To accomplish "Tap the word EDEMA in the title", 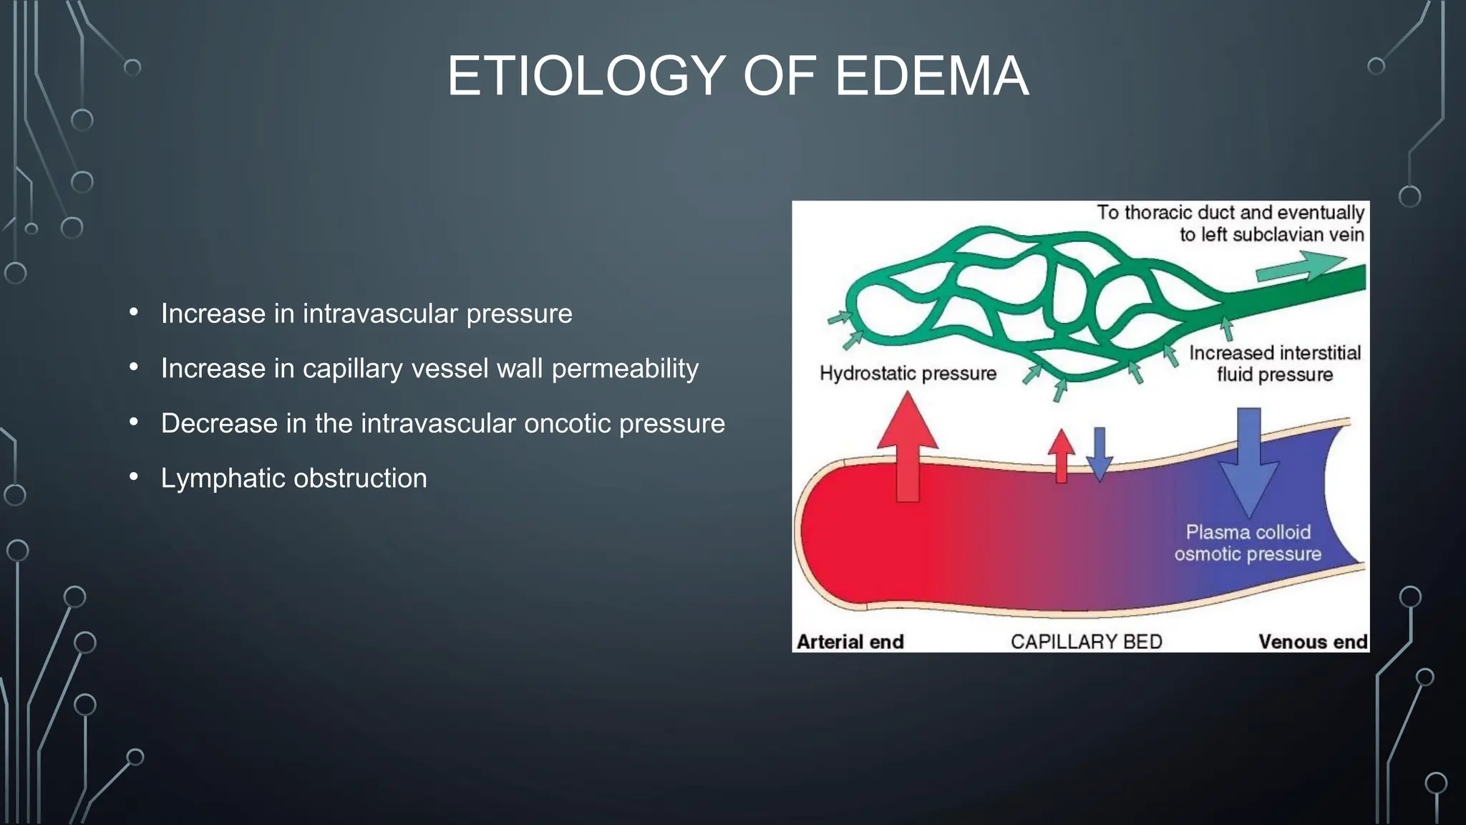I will coord(932,77).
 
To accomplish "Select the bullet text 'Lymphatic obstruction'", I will coord(293,478).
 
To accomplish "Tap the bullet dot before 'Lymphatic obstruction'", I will coord(134,477).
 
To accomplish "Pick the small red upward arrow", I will coord(1061,455).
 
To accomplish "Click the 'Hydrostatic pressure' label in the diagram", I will coord(908,374).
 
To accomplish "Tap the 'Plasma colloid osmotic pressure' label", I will coord(1248,543).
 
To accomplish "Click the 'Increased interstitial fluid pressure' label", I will coord(1275,364).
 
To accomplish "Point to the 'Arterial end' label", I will coord(850,642).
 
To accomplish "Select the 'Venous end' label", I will coord(1313,642).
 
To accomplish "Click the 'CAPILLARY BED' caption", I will coord(1086,642).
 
